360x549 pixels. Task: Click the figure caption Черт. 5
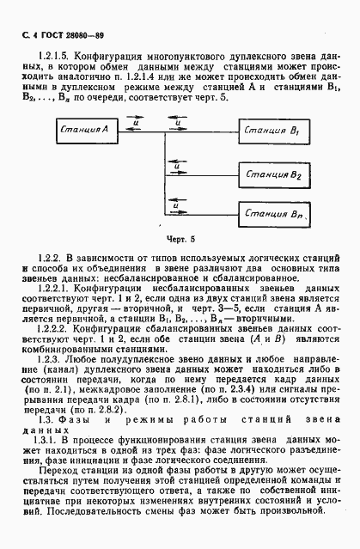click(180, 238)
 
